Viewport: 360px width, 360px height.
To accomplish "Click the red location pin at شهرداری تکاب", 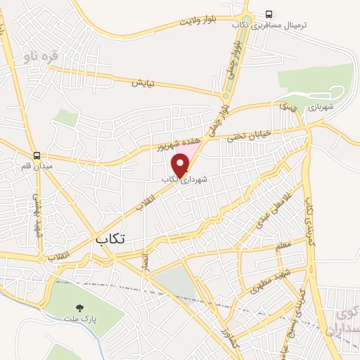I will tap(181, 164).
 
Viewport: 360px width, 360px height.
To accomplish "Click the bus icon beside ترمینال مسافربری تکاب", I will tap(269, 14).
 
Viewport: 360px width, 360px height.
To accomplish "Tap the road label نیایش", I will tap(143, 82).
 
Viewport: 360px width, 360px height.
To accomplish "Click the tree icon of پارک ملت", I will tap(79, 307).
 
